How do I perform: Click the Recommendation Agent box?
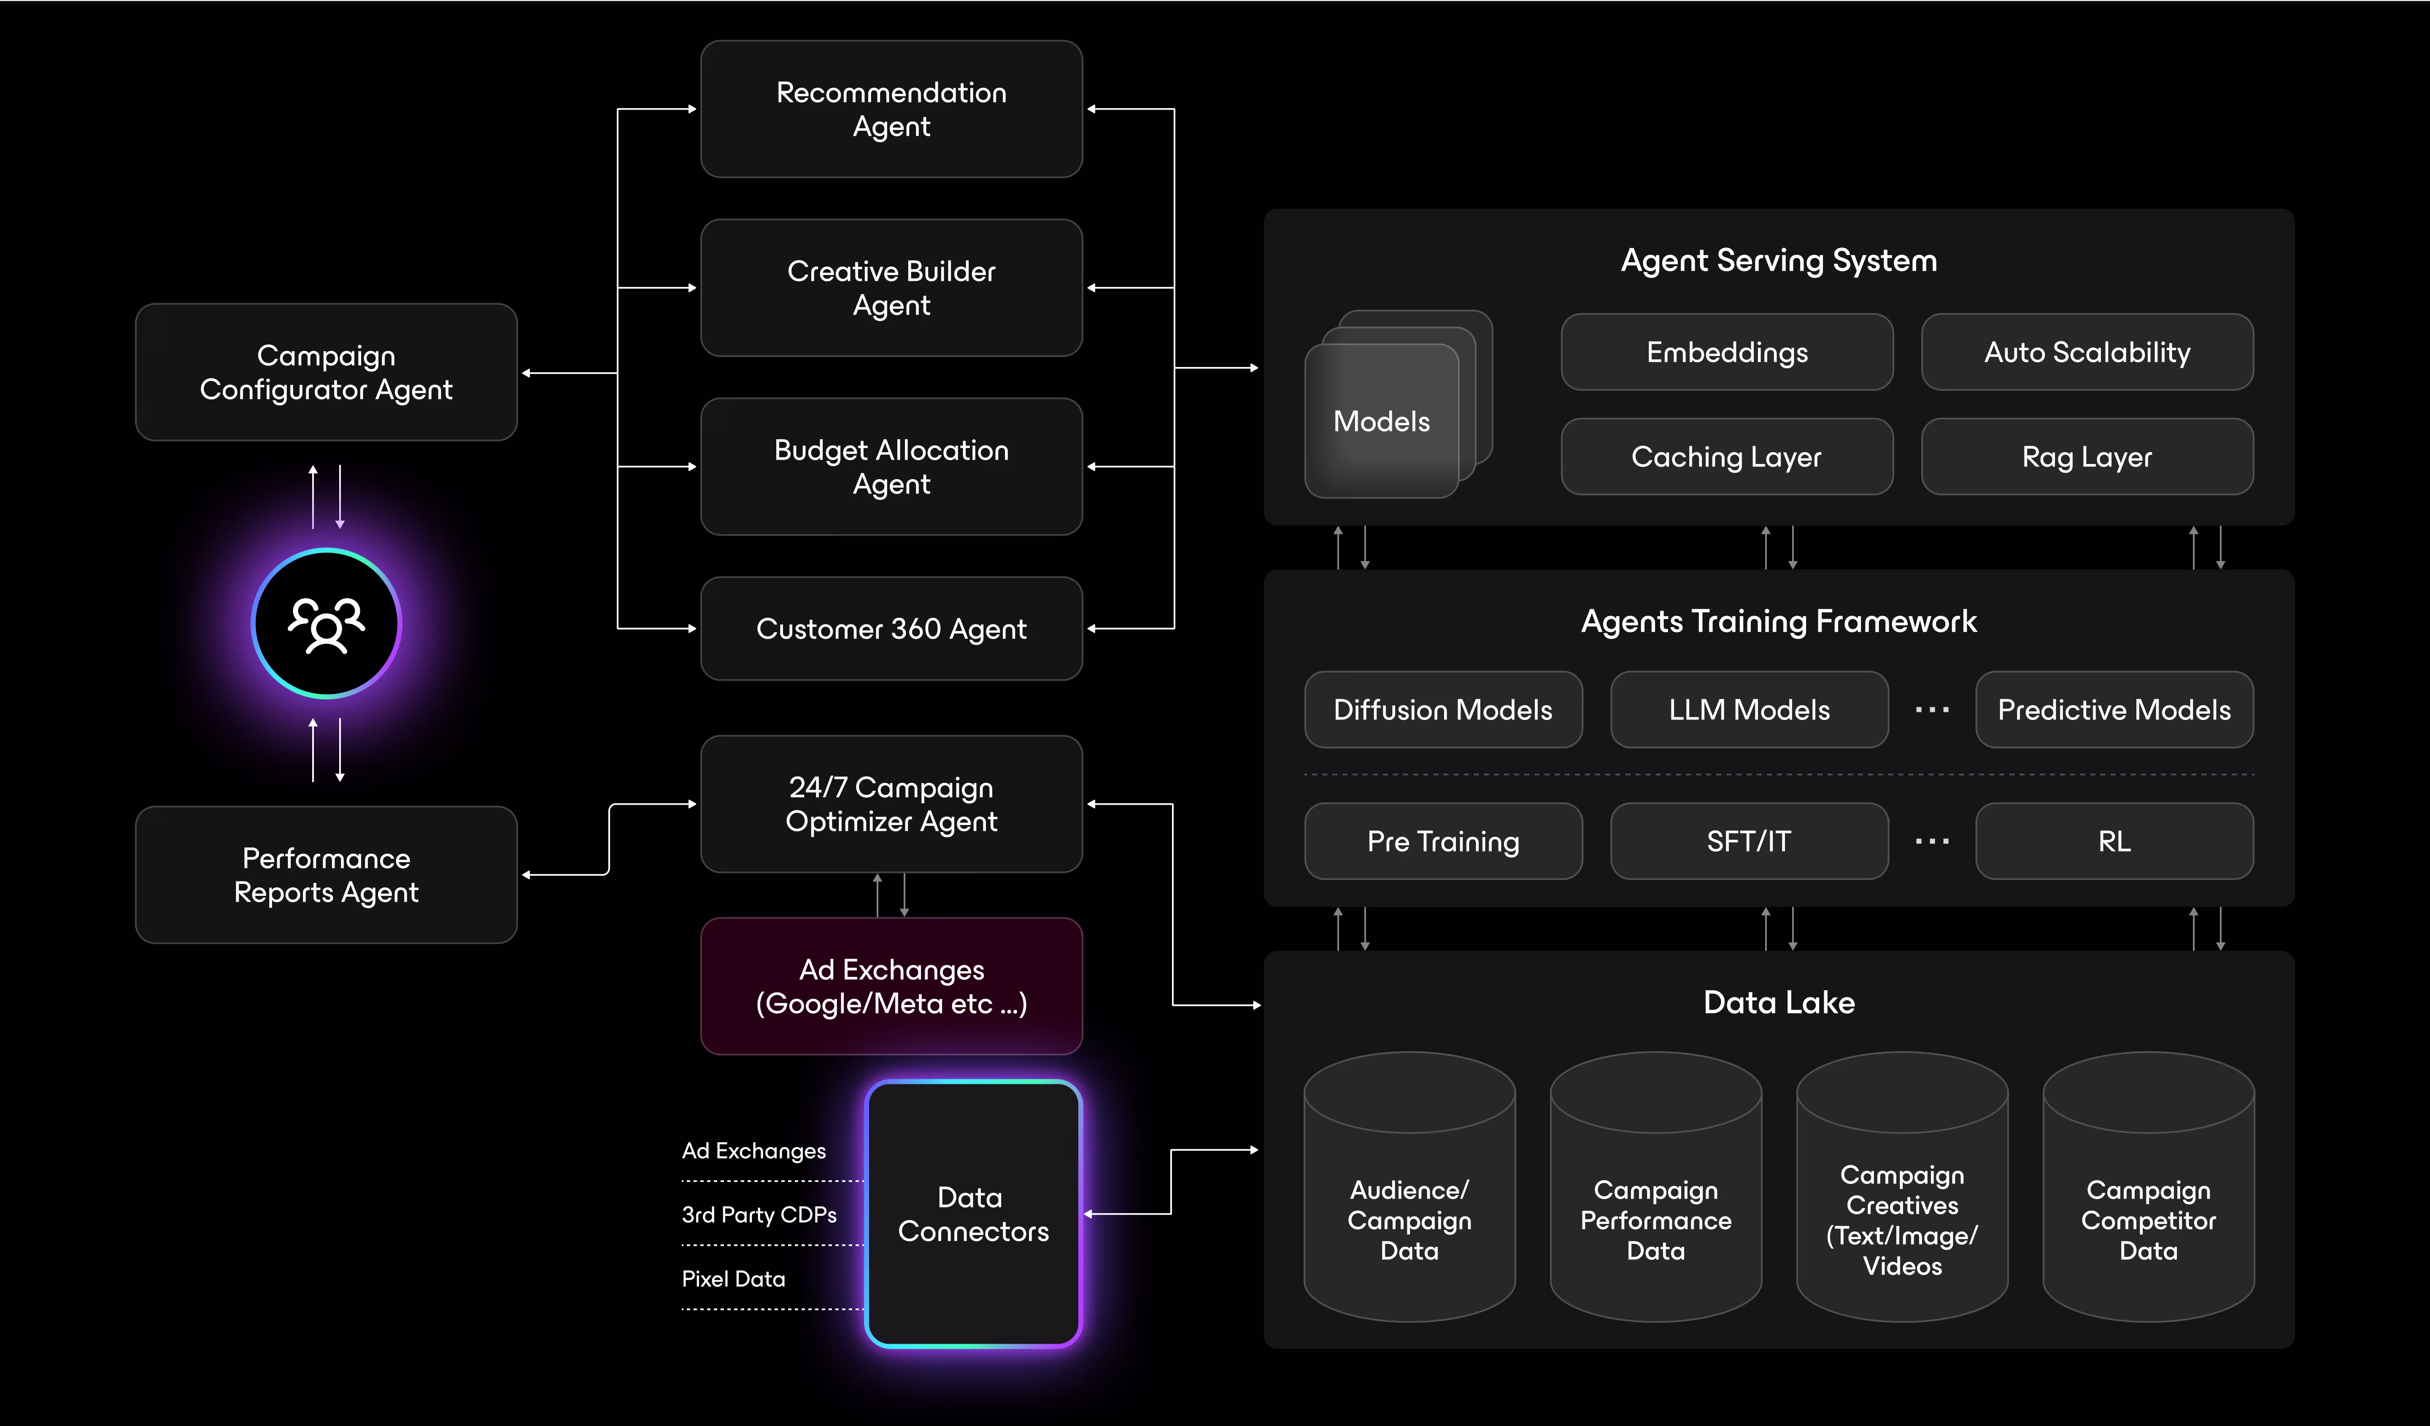click(x=891, y=109)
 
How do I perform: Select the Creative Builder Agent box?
click(x=891, y=287)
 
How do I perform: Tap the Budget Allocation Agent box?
click(x=891, y=466)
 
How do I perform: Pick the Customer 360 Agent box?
click(x=891, y=628)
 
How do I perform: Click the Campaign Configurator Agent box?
click(x=326, y=372)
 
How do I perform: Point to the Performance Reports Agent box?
click(x=326, y=874)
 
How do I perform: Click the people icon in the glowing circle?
click(x=326, y=624)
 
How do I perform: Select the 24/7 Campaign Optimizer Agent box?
click(x=891, y=804)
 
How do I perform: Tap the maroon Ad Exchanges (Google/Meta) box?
click(x=891, y=987)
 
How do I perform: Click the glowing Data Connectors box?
click(x=973, y=1214)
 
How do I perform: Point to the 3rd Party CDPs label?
click(x=759, y=1215)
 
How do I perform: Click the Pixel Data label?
click(x=733, y=1278)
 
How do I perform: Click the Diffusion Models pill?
click(x=1442, y=709)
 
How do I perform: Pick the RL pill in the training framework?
click(x=2114, y=841)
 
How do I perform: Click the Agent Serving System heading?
click(x=1778, y=260)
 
